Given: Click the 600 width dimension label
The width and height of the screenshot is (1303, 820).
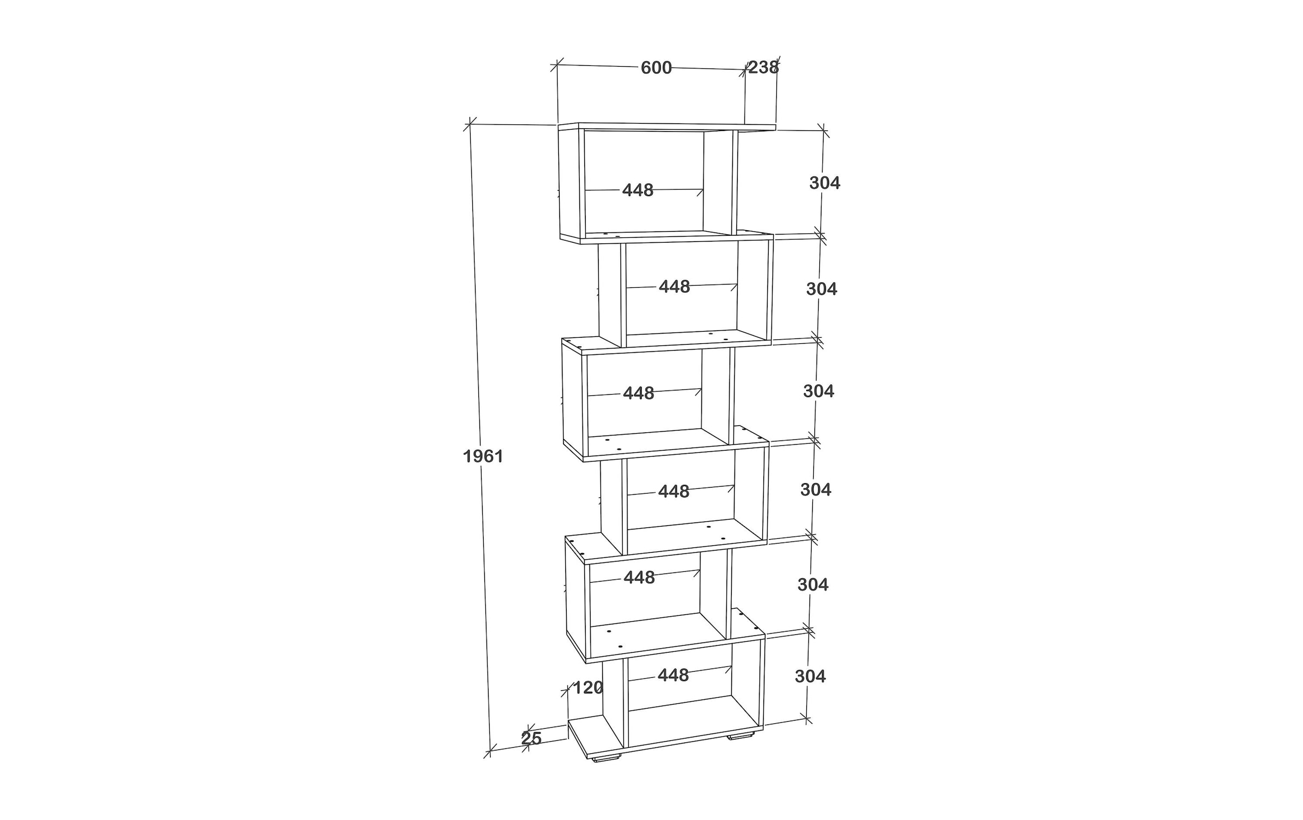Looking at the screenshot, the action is (x=656, y=68).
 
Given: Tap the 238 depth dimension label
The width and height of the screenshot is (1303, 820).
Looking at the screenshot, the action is (x=763, y=67).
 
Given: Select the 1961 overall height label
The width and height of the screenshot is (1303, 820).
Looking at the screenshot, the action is (x=483, y=456).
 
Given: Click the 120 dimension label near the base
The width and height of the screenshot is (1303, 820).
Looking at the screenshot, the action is (x=588, y=688).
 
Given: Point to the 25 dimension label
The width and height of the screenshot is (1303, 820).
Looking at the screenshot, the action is (x=532, y=739).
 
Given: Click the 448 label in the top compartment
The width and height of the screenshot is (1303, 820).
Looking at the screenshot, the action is (x=638, y=190).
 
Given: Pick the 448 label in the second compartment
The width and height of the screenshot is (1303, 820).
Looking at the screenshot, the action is (x=674, y=287).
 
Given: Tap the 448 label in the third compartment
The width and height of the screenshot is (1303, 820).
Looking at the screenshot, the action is (x=638, y=393).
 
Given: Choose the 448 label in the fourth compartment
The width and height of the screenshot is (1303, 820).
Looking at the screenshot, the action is (x=674, y=491).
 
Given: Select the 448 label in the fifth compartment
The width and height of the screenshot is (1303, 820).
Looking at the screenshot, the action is (x=639, y=578).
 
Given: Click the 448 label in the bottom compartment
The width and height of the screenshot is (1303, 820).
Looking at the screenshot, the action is (x=673, y=675).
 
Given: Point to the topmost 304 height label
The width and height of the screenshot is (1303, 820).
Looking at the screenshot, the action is (x=825, y=183).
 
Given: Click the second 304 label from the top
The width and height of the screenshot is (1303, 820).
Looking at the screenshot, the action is (x=821, y=289).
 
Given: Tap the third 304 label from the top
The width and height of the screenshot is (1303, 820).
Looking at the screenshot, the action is (x=819, y=391).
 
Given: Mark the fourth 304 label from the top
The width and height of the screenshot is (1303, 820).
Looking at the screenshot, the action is (x=816, y=490).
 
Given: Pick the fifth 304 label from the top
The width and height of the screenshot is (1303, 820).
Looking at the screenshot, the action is (x=813, y=584).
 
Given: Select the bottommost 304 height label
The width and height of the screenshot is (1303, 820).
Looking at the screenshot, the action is (x=810, y=676).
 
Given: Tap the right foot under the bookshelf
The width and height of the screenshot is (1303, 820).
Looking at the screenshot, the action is (x=741, y=736).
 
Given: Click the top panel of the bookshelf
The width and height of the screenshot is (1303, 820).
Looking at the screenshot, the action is (x=667, y=127).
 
